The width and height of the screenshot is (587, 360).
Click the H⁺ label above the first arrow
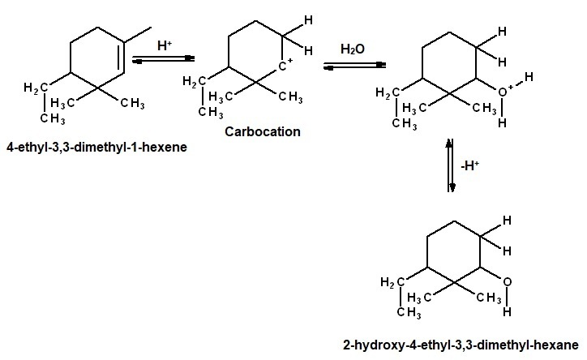click(x=165, y=45)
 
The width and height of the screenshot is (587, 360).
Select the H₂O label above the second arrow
click(x=352, y=49)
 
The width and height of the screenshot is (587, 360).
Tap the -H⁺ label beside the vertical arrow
click(x=469, y=165)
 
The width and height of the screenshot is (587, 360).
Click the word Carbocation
click(x=263, y=131)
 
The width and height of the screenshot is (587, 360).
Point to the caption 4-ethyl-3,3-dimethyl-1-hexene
click(x=96, y=147)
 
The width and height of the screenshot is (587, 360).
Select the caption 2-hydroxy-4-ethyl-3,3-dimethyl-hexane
click(x=461, y=345)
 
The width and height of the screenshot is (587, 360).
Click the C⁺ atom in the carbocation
click(x=285, y=66)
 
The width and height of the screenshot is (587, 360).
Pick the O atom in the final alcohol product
click(x=507, y=282)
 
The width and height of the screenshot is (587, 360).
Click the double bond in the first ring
click(x=122, y=57)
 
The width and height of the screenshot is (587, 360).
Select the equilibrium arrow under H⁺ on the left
click(x=164, y=59)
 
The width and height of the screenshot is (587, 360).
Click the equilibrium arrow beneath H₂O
click(x=354, y=66)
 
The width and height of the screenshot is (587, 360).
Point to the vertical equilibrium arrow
click(x=450, y=165)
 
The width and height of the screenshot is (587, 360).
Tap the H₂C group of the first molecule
click(x=36, y=88)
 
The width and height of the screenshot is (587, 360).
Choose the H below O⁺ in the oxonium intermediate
click(x=502, y=122)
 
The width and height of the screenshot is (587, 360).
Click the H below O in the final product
click(x=507, y=311)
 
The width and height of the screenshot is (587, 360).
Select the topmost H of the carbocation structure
click(x=308, y=20)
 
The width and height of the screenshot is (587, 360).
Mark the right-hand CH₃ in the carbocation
click(x=290, y=97)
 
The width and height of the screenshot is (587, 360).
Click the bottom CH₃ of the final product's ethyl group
click(x=409, y=312)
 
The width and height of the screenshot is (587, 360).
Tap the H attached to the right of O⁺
click(x=529, y=77)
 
